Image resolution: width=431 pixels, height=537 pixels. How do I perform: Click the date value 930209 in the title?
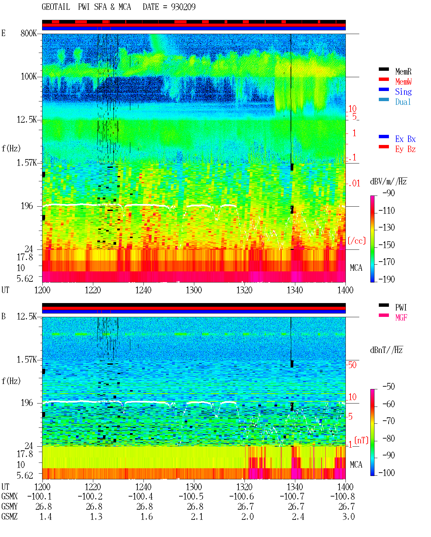click(183, 7)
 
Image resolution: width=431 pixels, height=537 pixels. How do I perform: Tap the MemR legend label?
click(403, 71)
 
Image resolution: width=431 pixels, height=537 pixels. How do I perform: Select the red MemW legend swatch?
click(384, 79)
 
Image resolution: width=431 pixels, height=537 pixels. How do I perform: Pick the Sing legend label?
click(403, 92)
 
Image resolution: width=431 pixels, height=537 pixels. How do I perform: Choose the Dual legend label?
click(403, 102)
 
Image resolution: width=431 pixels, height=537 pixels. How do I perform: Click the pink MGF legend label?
click(401, 318)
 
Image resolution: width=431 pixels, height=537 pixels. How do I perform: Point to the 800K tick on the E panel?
click(28, 33)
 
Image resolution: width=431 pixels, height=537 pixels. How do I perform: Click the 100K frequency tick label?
click(28, 77)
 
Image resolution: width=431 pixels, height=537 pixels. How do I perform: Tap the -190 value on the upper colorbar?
click(386, 279)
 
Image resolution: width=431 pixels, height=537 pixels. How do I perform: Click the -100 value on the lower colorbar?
click(386, 473)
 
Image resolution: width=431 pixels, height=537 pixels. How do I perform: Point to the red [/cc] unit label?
click(357, 241)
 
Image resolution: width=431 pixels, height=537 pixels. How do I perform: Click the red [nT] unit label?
click(361, 440)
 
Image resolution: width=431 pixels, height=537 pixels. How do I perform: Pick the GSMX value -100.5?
click(191, 496)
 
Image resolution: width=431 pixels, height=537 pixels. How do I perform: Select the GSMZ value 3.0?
click(348, 516)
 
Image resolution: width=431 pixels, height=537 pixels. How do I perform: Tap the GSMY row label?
click(9, 506)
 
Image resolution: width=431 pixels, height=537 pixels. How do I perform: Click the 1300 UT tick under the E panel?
click(194, 290)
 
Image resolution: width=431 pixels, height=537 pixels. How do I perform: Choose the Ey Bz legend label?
click(405, 149)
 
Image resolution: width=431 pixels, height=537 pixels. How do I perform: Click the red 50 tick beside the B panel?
click(352, 365)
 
